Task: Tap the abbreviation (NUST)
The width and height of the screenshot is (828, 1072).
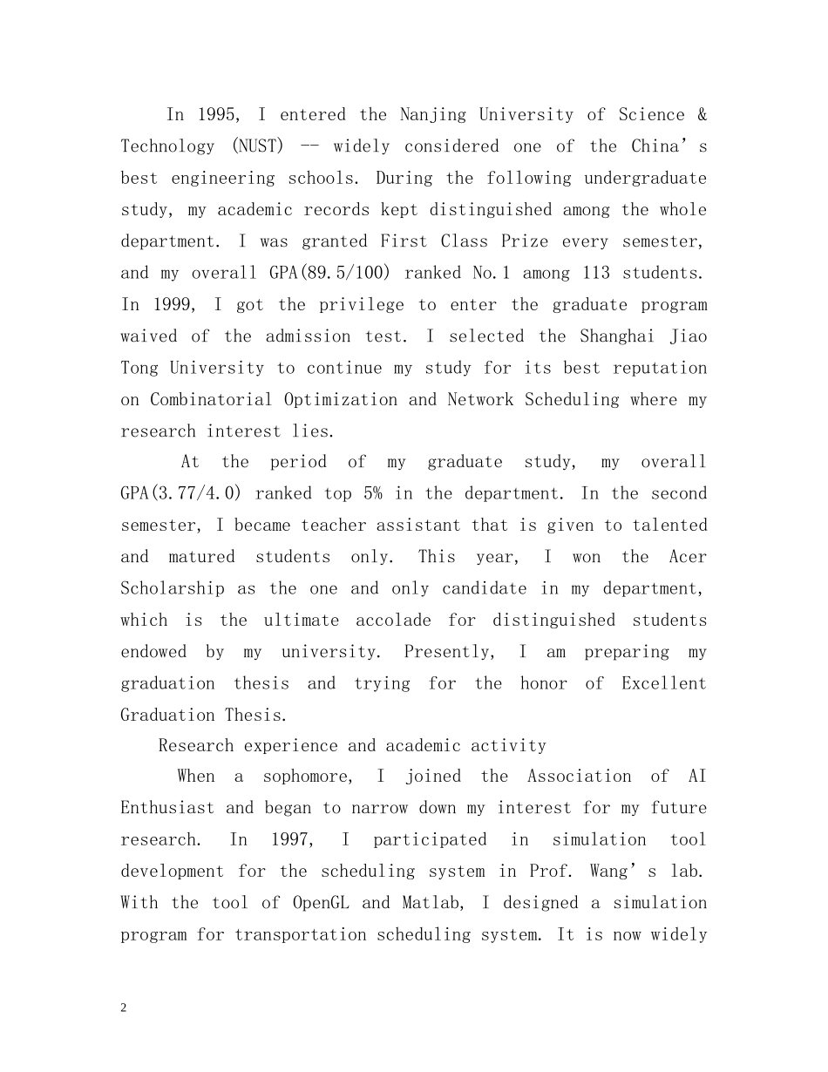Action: (x=258, y=146)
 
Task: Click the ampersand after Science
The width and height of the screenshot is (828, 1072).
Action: (x=702, y=115)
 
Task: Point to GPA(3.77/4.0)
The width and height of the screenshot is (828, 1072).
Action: (x=181, y=494)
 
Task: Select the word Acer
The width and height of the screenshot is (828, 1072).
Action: (x=688, y=557)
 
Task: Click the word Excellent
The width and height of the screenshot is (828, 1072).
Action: (x=663, y=683)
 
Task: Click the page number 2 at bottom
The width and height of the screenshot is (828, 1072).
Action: (x=124, y=1008)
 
